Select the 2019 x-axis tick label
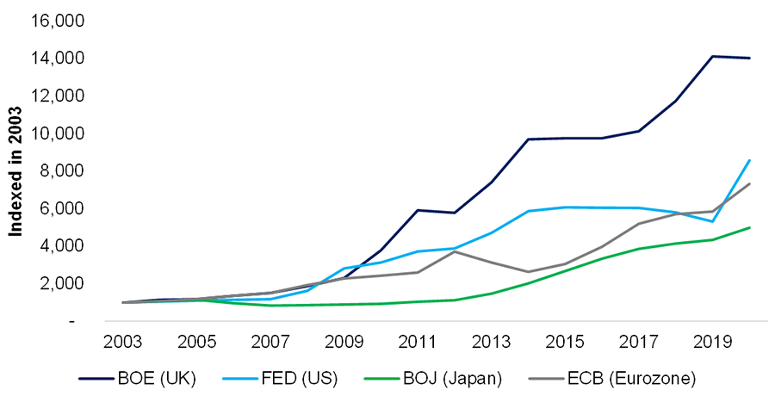(x=713, y=340)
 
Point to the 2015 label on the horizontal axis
(x=565, y=340)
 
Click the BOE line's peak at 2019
(x=713, y=56)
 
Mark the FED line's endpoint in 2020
(x=750, y=160)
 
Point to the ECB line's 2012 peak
(x=454, y=251)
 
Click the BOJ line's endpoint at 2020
(x=750, y=227)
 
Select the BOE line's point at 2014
(x=528, y=139)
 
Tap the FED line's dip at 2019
(x=713, y=221)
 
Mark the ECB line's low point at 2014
(x=528, y=272)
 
